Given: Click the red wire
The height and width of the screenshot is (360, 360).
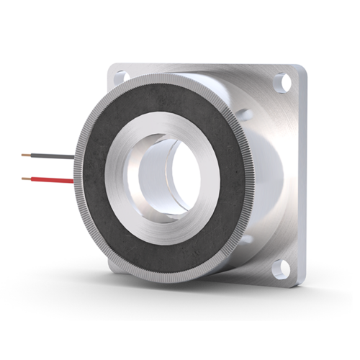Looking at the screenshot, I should [50, 179].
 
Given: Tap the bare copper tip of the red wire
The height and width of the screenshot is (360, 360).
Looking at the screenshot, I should [25, 177].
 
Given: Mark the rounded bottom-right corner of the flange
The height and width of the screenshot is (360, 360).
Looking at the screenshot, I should [301, 281].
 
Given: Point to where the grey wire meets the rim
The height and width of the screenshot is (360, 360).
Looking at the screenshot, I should [76, 158].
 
